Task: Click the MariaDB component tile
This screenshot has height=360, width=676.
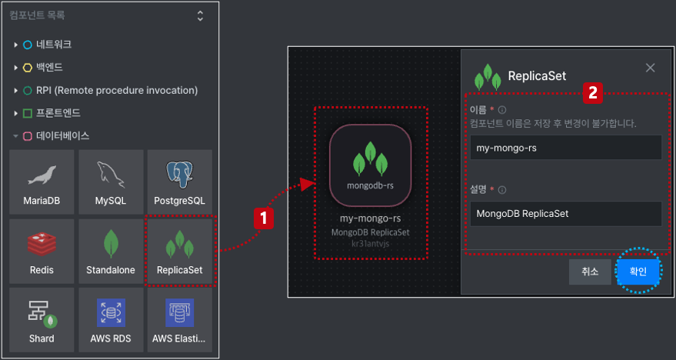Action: pos(42,182)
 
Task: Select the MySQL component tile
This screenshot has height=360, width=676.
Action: pos(111,182)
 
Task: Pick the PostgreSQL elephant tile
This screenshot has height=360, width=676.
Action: pos(180,182)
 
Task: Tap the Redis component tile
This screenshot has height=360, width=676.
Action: pos(42,251)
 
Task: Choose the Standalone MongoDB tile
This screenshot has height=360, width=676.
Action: pos(111,251)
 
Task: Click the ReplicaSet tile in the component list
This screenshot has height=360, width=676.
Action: pos(180,251)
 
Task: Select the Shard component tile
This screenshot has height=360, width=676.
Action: pos(42,320)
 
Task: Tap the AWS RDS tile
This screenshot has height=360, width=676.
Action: pos(111,320)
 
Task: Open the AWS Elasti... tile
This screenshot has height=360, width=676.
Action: pos(180,320)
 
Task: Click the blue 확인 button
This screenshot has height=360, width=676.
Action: pos(638,272)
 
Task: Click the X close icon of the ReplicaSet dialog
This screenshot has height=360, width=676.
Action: pos(650,68)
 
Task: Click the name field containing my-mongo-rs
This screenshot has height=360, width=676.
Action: pos(565,148)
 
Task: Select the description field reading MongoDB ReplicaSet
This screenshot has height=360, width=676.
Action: pos(565,214)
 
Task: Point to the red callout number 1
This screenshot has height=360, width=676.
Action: pos(264,218)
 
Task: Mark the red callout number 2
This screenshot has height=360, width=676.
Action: pos(593,93)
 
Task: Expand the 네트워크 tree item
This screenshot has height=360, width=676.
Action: pos(54,45)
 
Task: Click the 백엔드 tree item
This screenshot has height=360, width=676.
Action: pos(49,67)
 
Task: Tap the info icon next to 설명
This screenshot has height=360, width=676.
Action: pos(502,190)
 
